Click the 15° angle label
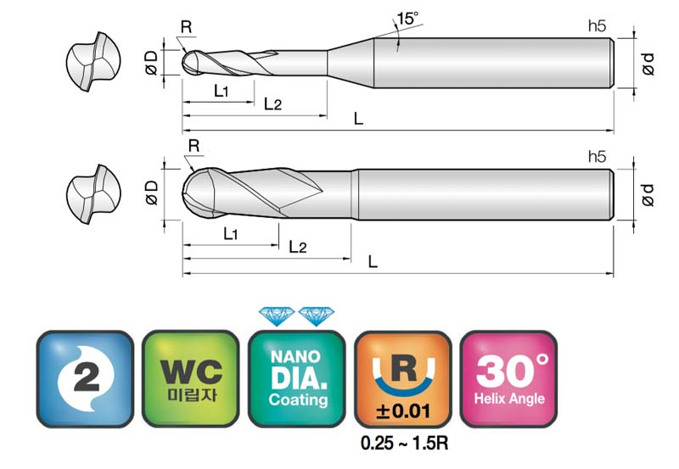click(x=407, y=19)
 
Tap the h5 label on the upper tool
click(x=597, y=26)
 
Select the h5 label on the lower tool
click(x=597, y=157)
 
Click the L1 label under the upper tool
click(x=221, y=91)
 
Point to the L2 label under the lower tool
click(x=298, y=247)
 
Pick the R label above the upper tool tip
click(x=186, y=27)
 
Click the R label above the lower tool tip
click(x=194, y=146)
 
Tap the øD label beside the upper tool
click(x=152, y=63)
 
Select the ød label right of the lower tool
click(x=648, y=195)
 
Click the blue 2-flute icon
click(x=85, y=379)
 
